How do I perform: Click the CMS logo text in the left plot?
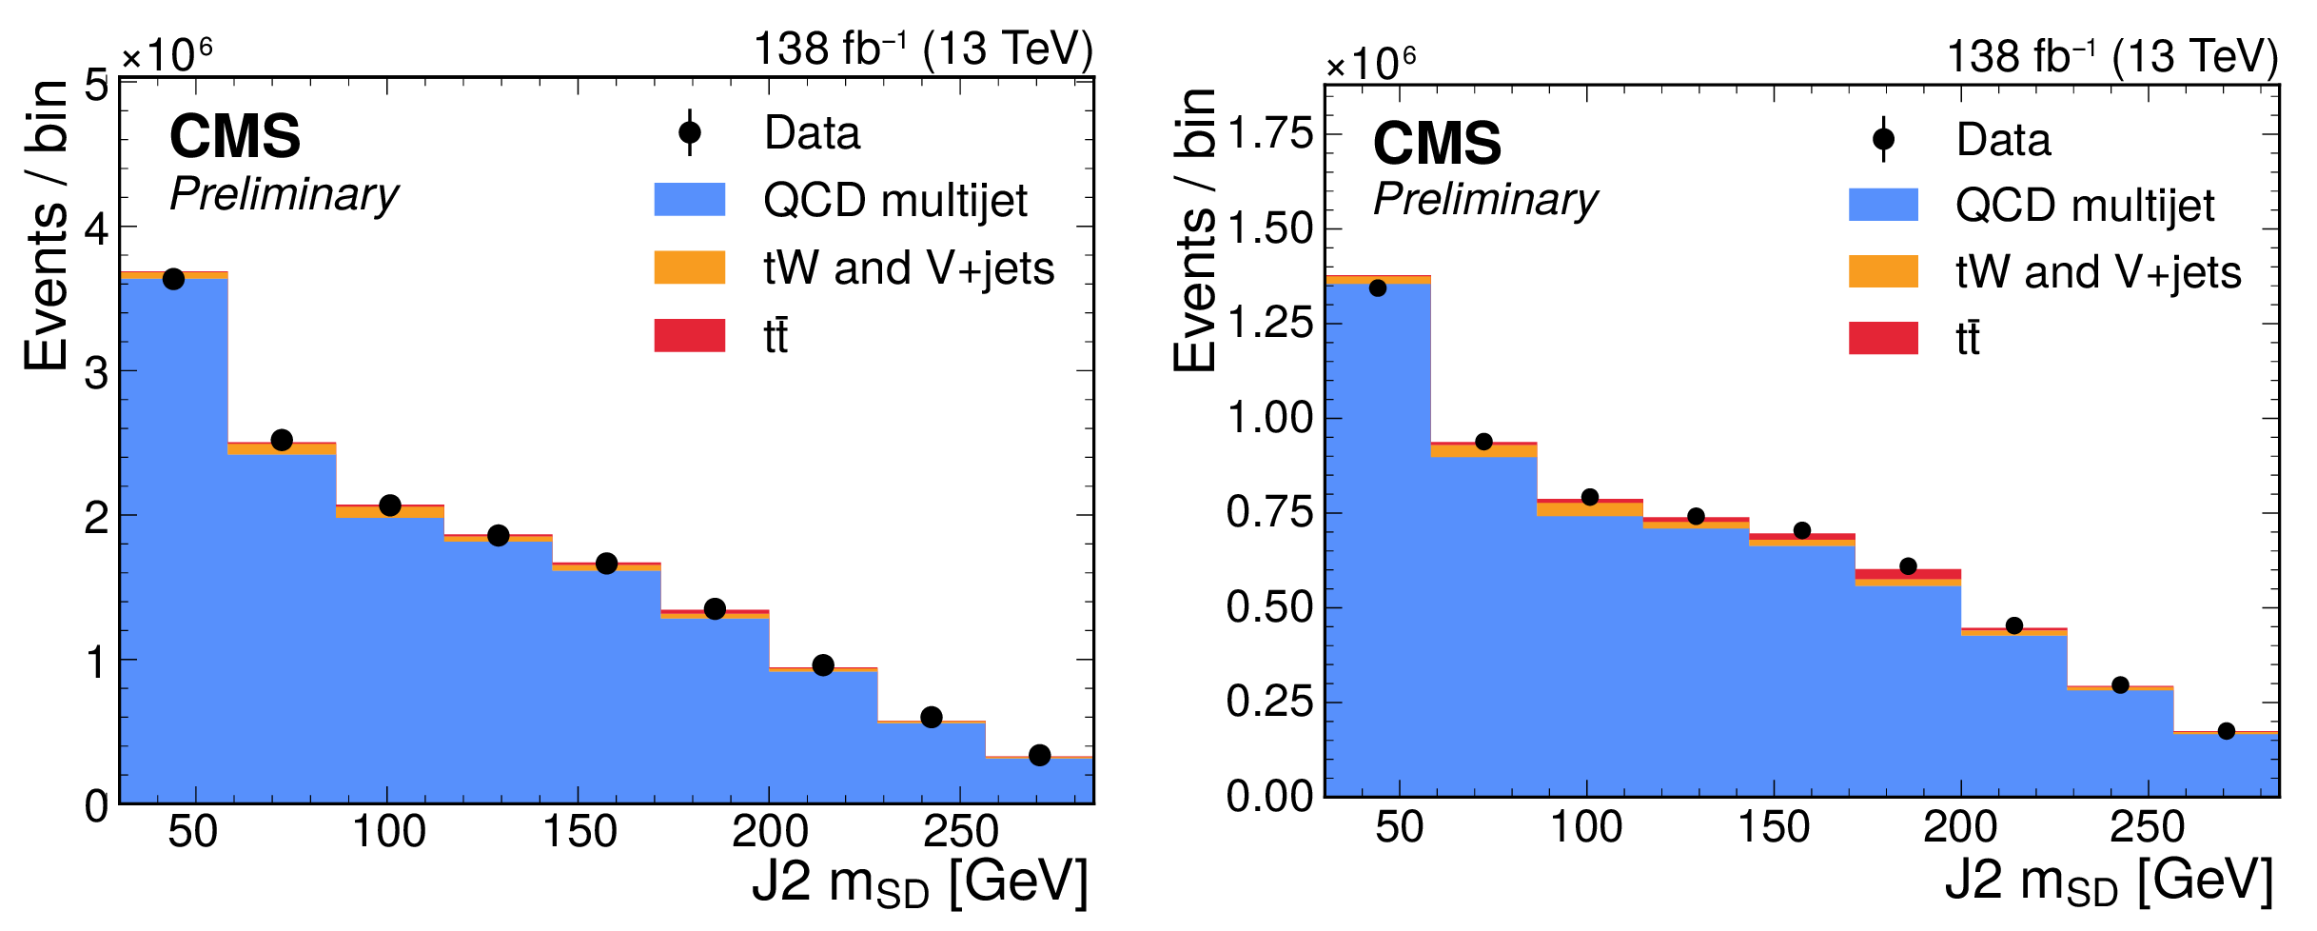(x=234, y=136)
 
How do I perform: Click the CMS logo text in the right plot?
(x=1437, y=143)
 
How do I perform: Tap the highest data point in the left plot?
(x=173, y=279)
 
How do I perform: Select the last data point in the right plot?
(x=2226, y=731)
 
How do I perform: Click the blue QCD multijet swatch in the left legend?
(x=689, y=200)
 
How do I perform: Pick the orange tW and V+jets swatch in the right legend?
(x=1882, y=271)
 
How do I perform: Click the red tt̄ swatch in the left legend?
(x=689, y=335)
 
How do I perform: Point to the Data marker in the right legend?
(x=1882, y=140)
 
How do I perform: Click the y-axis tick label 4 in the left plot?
(x=96, y=228)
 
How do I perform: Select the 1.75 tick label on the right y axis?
(x=1270, y=134)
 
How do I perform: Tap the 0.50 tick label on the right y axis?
(x=1270, y=607)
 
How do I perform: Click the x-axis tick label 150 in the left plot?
(x=579, y=832)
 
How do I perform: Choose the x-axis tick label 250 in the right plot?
(x=2147, y=826)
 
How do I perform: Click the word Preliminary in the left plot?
(x=285, y=195)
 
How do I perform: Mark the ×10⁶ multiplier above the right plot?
(x=1370, y=63)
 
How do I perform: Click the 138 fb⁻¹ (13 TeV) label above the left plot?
(x=923, y=50)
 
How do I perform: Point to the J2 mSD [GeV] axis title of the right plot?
(x=2109, y=881)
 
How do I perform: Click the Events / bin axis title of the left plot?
(x=47, y=226)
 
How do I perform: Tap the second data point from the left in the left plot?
(x=282, y=440)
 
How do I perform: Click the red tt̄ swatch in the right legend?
(x=1882, y=338)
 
